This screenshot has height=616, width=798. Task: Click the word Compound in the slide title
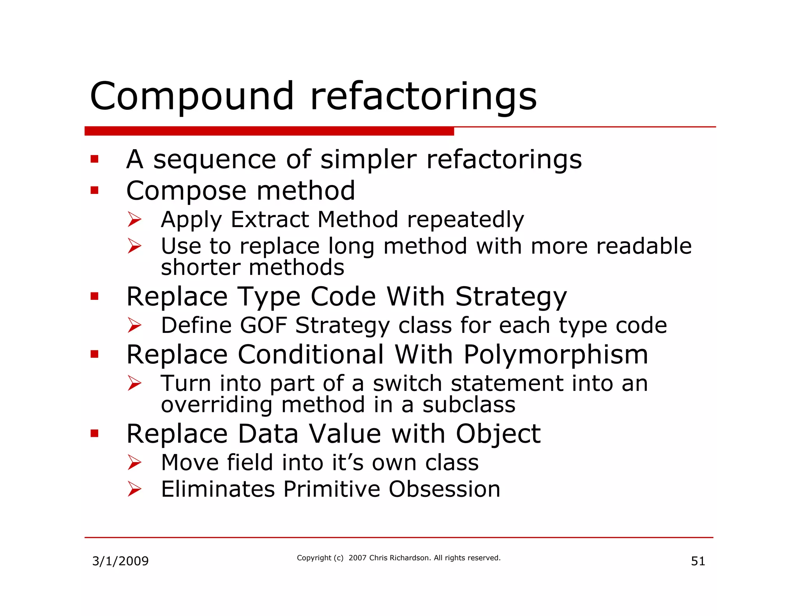(192, 96)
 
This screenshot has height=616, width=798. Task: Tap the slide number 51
(698, 561)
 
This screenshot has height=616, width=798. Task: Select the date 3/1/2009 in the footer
(120, 561)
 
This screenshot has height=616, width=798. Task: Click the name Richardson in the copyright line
(409, 558)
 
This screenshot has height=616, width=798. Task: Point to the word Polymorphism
(556, 355)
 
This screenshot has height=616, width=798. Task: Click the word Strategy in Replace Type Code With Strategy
(511, 297)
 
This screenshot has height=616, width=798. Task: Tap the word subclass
(469, 405)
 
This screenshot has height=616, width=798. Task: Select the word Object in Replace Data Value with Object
(498, 434)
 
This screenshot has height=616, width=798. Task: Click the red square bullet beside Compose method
(94, 190)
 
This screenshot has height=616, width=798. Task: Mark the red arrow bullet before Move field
(134, 463)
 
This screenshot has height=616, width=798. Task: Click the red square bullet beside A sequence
(94, 159)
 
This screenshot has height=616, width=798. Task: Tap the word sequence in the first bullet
(215, 160)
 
